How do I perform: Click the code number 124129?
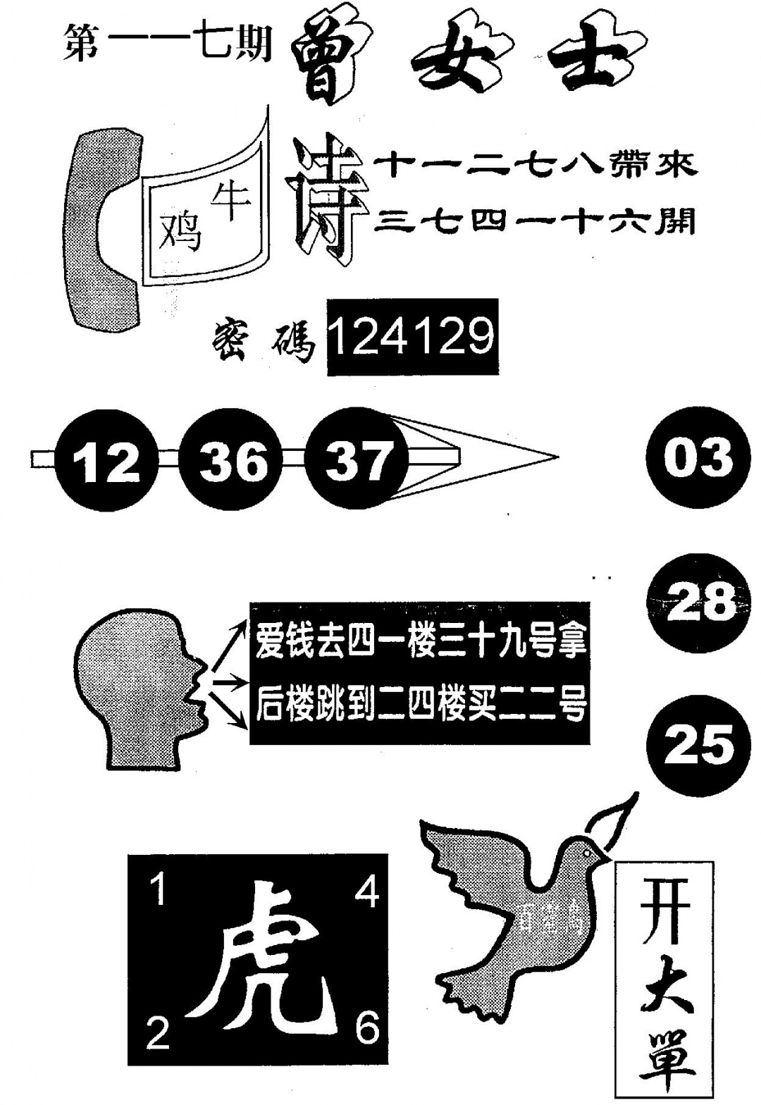click(412, 336)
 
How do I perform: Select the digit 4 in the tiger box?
click(366, 891)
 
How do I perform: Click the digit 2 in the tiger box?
click(159, 1034)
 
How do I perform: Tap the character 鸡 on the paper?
click(181, 230)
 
